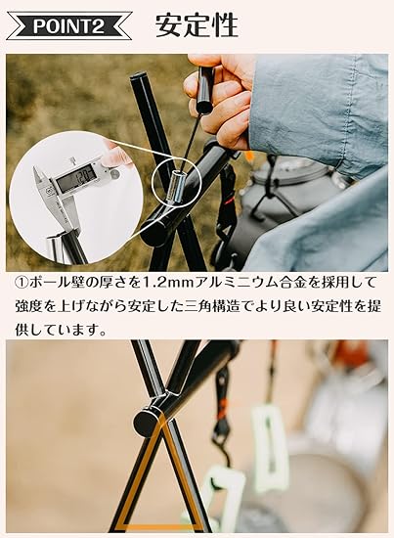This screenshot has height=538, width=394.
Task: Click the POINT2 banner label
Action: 68,26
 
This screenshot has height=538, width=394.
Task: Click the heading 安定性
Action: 197,25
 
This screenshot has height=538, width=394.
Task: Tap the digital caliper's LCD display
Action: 76,178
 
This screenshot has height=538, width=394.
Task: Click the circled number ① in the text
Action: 22,284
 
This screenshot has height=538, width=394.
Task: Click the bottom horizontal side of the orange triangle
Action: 160,526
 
